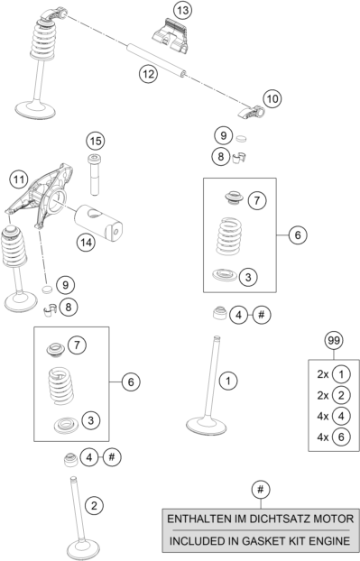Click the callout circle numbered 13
coord(182,11)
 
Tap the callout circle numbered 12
coord(148,74)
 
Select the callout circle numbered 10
coord(272,98)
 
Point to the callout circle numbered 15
coord(96,141)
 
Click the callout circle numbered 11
coord(19,179)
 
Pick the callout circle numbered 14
coord(86,243)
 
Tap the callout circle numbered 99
coord(334,341)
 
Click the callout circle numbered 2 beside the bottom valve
coord(94,506)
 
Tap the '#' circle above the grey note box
coord(260,489)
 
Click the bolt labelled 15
coord(94,174)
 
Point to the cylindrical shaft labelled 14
coord(98,222)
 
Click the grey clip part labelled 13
coord(171,36)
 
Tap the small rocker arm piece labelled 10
coord(252,112)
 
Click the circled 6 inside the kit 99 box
coord(341,437)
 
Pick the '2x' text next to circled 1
coord(322,374)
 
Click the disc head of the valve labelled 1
coord(207,426)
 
